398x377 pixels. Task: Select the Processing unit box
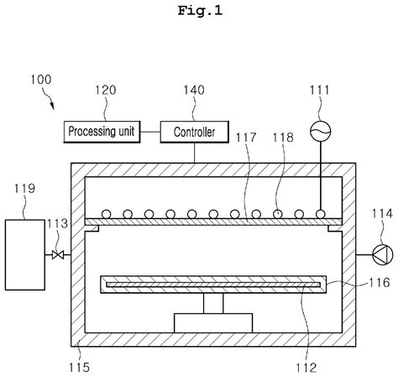pyautogui.click(x=102, y=132)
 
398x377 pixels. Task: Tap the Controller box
pyautogui.click(x=194, y=132)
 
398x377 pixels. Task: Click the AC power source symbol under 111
pyautogui.click(x=319, y=130)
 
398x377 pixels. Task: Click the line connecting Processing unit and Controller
pyautogui.click(x=150, y=132)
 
